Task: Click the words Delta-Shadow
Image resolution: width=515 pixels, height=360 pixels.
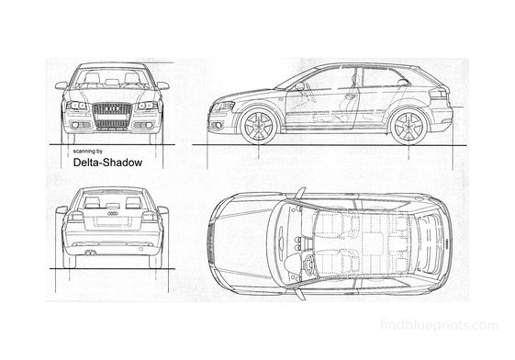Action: (106, 163)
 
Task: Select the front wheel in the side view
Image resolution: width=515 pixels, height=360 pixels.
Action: (258, 126)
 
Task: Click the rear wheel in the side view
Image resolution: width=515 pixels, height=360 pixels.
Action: (406, 126)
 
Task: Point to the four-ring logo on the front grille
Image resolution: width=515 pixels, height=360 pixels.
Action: (112, 108)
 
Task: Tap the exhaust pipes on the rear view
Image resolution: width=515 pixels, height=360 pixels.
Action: (91, 251)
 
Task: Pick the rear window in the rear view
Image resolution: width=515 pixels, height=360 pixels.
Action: (112, 199)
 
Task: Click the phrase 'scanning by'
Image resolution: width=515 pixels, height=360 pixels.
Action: (88, 150)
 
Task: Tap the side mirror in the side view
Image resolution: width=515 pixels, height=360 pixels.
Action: (299, 87)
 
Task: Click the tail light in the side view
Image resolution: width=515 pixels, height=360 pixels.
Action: (439, 94)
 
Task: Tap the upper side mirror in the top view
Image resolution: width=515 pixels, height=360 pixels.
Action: (299, 194)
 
